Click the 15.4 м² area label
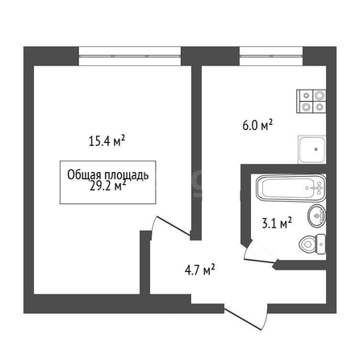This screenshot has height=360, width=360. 107,140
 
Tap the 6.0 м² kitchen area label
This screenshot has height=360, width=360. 257,125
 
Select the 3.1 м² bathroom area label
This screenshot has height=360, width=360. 277,223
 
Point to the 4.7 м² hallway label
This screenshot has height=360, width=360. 199,270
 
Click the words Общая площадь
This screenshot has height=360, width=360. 108,175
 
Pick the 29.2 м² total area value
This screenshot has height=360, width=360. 107,186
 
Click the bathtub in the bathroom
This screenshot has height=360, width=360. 291,188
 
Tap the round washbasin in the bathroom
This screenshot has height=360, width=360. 316,216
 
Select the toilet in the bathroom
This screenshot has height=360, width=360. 312,244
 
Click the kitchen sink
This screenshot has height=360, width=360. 312,149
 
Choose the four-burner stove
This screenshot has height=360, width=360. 312,102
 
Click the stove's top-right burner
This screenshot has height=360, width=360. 320,95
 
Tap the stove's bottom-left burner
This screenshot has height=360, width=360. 306,107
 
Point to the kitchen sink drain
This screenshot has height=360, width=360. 316,149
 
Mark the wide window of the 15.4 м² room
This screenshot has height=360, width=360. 130,56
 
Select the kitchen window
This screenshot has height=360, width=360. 271,56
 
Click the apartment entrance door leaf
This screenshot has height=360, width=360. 243,319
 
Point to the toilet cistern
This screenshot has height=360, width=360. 321,244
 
